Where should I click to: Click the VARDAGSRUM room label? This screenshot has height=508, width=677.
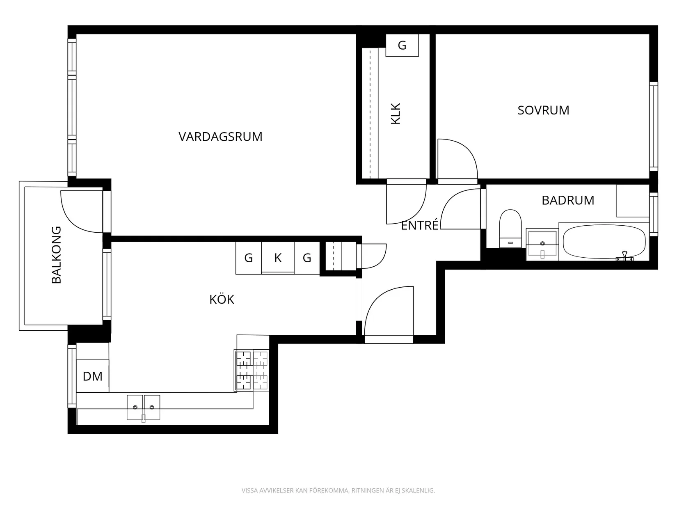pyautogui.click(x=220, y=137)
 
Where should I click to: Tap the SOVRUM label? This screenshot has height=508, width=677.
pyautogui.click(x=543, y=110)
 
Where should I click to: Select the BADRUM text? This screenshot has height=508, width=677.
pyautogui.click(x=568, y=200)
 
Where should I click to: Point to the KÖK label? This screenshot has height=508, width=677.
pyautogui.click(x=222, y=300)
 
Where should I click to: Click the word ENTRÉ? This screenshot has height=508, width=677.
pyautogui.click(x=419, y=226)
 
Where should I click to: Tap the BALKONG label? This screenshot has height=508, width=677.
pyautogui.click(x=56, y=255)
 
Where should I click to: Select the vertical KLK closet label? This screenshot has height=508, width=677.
pyautogui.click(x=396, y=114)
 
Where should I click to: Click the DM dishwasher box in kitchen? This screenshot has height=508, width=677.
pyautogui.click(x=93, y=376)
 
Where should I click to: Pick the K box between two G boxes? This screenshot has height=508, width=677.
pyautogui.click(x=278, y=258)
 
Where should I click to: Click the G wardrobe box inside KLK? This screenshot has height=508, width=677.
pyautogui.click(x=402, y=45)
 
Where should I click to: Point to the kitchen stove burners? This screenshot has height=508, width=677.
pyautogui.click(x=252, y=370)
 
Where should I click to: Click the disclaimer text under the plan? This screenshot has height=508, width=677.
pyautogui.click(x=338, y=490)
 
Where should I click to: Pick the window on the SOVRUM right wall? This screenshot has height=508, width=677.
pyautogui.click(x=653, y=126)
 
